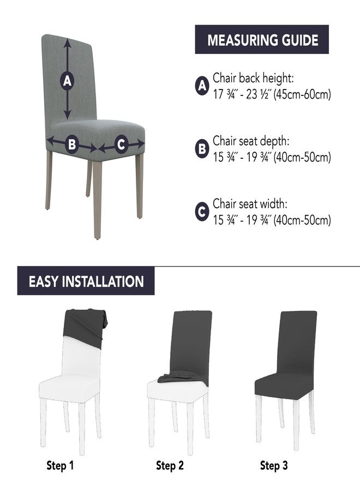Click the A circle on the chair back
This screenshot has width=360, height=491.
pos(67,81)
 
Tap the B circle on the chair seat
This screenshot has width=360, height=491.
pos(72,145)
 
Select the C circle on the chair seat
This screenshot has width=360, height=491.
pos(122,145)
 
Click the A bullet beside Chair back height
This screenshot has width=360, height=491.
pos(202,86)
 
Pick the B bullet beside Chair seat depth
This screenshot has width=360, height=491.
pos(202,149)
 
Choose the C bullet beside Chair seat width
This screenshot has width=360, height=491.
pos(202,212)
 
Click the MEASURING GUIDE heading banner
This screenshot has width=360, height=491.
pos(262,39)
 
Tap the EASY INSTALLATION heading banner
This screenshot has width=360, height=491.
pos(86,281)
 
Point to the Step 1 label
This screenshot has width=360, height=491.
pos(60,465)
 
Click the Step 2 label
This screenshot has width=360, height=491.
pos(170,465)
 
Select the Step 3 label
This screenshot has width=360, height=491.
pos(274,465)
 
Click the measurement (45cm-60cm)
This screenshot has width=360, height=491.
pos(302,94)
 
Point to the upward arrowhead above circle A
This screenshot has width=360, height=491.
pos(67,43)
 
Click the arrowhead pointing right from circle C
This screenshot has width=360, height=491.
pos(140,144)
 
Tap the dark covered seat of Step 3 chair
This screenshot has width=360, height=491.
pos(283,385)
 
